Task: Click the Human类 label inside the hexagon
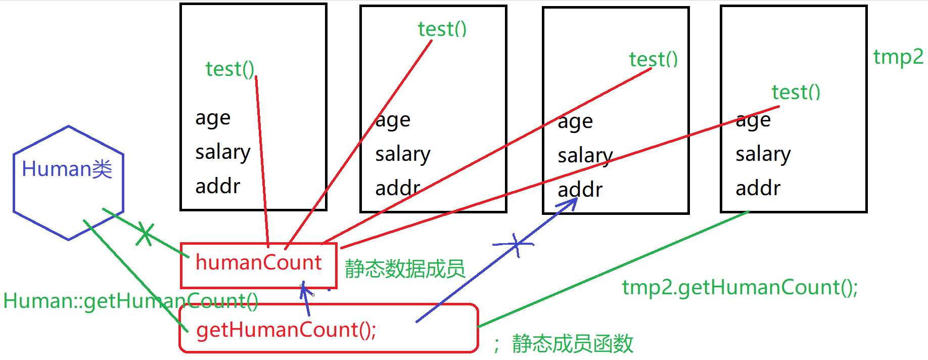(x=67, y=169)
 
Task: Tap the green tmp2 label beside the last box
(x=898, y=57)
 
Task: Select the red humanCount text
(x=258, y=263)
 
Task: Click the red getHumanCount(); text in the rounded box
(x=286, y=330)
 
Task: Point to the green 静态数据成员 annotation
(x=404, y=268)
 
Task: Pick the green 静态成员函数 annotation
(x=572, y=344)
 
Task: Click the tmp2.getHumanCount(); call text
(x=739, y=288)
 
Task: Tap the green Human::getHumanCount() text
(x=130, y=301)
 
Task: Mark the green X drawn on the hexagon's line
(x=145, y=234)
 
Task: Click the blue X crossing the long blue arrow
(x=515, y=245)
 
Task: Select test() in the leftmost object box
(x=229, y=69)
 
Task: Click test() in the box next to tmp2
(x=796, y=93)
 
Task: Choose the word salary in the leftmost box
(x=222, y=152)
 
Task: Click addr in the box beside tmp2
(x=758, y=189)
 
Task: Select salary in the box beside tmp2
(x=763, y=154)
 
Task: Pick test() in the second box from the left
(x=442, y=29)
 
